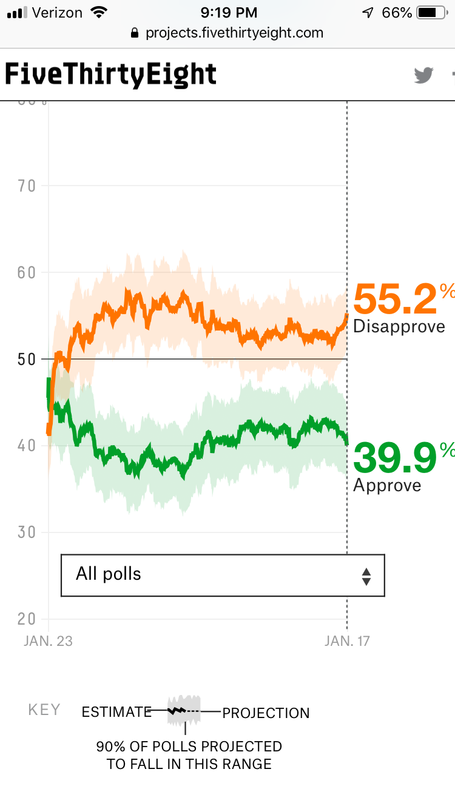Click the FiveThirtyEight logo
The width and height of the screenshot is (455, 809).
110,75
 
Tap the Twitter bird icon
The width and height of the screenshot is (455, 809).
424,75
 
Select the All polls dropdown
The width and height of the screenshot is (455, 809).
223,575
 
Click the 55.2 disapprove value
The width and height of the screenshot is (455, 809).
395,299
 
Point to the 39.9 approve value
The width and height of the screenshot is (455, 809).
394,458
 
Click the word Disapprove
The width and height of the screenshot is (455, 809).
399,326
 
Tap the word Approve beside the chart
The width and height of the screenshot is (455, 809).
387,485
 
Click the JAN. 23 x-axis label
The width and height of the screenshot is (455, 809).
48,641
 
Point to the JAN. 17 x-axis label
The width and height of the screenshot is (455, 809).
347,641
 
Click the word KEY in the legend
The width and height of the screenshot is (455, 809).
44,710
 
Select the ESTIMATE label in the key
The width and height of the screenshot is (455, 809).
116,712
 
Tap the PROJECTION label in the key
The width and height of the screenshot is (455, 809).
266,713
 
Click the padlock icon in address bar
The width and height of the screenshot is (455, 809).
135,33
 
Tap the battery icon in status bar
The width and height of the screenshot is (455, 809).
431,12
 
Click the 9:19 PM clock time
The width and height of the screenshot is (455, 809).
228,12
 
